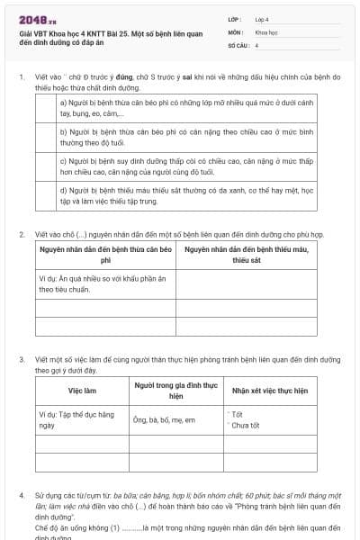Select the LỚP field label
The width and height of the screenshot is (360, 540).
coord(235,19)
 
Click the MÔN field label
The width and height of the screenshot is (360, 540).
coord(235,31)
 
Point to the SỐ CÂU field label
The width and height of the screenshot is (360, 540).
coord(238,44)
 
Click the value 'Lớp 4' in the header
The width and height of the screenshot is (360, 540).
coord(262,19)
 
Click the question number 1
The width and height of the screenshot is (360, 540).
coord(21,77)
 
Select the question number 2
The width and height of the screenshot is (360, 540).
coord(21,235)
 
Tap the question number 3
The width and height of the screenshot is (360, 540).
coord(21,359)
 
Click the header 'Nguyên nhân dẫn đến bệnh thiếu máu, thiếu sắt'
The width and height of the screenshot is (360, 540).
coord(246,255)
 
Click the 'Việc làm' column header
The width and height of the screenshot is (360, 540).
coord(82,391)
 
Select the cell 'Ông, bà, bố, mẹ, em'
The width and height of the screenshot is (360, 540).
coord(169,420)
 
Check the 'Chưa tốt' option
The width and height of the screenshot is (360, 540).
coord(246,426)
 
